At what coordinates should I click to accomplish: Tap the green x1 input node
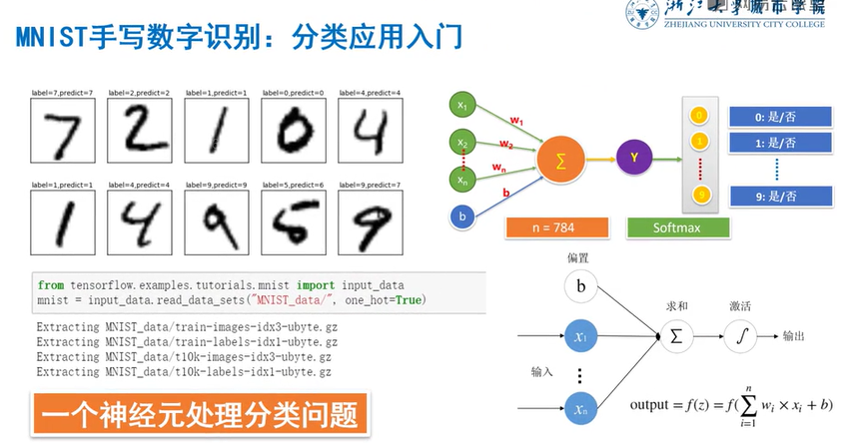[x=462, y=105]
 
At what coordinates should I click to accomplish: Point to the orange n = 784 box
[x=543, y=227]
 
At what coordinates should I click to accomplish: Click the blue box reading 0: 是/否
[x=780, y=117]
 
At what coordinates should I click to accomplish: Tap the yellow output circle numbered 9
[x=700, y=194]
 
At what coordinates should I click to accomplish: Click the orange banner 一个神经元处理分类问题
[x=199, y=414]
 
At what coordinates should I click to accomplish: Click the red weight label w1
[x=516, y=121]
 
